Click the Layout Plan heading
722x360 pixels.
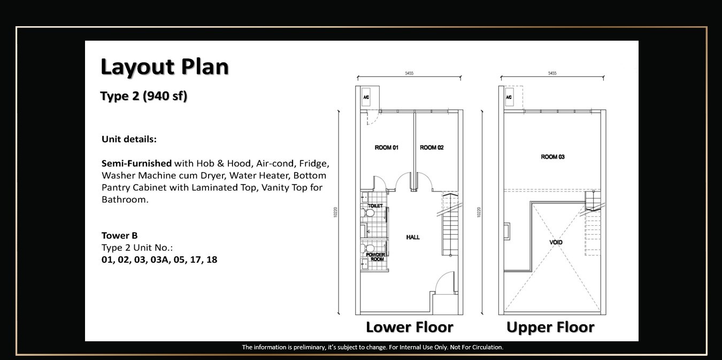pos(165,67)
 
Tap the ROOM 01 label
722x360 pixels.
pos(387,148)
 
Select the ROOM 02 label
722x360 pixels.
pos(432,148)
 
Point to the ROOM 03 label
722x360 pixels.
pos(552,157)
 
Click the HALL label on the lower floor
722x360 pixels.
pos(413,237)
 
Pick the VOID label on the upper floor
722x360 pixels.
pos(556,242)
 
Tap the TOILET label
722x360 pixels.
pos(375,205)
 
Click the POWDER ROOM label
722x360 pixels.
pos(375,257)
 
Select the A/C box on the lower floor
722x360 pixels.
pos(366,97)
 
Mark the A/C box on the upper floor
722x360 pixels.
pos(509,97)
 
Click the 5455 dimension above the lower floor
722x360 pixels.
pos(409,73)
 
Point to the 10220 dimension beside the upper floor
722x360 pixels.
pos(479,212)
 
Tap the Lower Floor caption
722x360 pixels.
pos(410,327)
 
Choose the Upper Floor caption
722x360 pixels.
pos(550,327)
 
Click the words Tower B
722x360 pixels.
pos(120,235)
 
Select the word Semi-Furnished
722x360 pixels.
pos(137,163)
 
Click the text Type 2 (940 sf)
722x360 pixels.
pos(144,96)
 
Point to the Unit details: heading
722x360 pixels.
pos(129,139)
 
